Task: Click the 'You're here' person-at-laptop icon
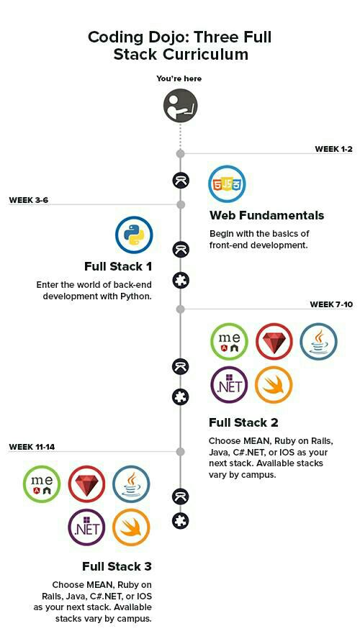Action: click(x=181, y=106)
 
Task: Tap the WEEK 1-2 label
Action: click(x=333, y=149)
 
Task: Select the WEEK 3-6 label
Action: click(x=28, y=200)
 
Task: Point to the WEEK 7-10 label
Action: click(x=330, y=304)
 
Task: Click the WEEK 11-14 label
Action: click(x=32, y=447)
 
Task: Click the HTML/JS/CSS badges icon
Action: click(x=227, y=183)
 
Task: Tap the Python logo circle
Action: click(x=134, y=235)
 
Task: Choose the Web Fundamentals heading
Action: click(x=266, y=215)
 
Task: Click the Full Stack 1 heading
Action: click(x=118, y=266)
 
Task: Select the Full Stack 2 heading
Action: click(x=243, y=422)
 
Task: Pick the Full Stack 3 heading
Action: click(x=117, y=566)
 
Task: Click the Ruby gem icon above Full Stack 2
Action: click(x=274, y=341)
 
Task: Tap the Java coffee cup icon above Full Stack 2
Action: click(x=318, y=341)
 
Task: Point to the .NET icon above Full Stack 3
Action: click(x=86, y=527)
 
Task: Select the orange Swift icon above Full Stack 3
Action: click(x=131, y=527)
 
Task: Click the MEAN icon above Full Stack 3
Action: click(x=42, y=484)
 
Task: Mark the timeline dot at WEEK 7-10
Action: click(x=180, y=309)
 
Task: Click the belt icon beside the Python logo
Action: click(x=181, y=249)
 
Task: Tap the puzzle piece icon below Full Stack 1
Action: click(x=181, y=281)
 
